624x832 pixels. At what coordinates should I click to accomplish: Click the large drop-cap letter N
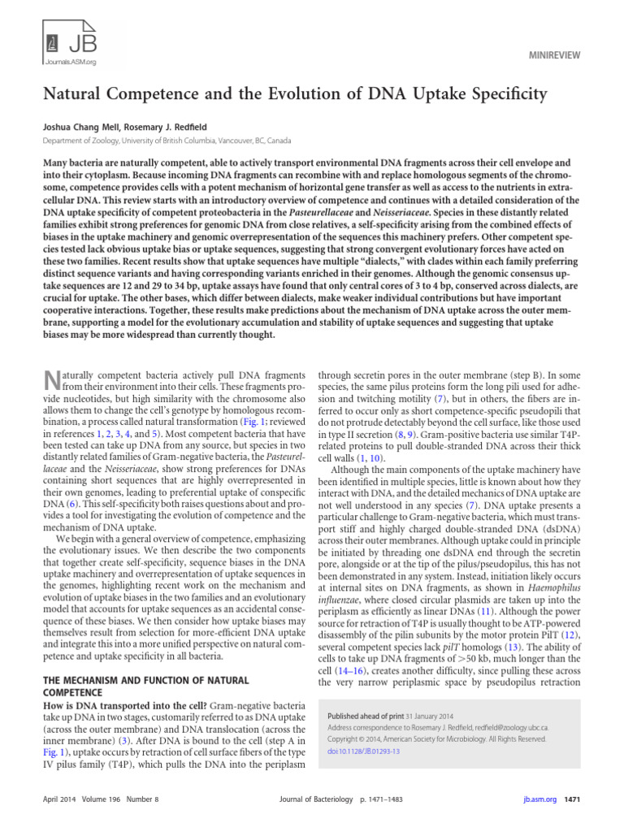click(x=51, y=380)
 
